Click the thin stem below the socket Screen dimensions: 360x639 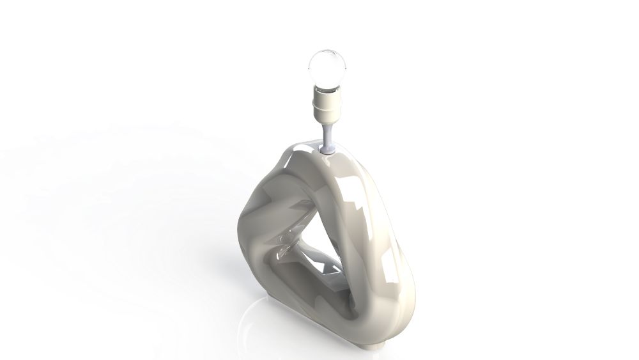(328, 136)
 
